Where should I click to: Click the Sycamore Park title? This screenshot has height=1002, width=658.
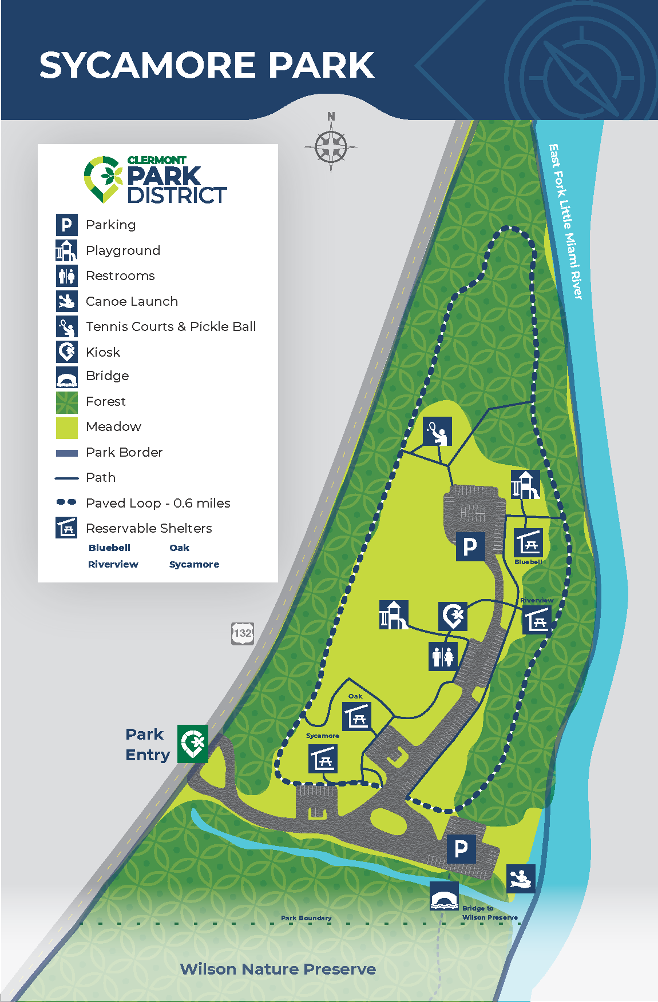coord(207,65)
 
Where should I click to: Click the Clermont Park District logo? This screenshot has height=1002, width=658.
coord(156,180)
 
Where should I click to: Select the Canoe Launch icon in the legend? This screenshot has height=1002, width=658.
coord(66,301)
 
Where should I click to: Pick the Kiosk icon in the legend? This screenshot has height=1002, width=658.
coord(66,352)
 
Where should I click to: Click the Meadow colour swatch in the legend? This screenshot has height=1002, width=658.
coord(66,427)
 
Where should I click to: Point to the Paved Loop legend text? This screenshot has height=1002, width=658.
coord(158,503)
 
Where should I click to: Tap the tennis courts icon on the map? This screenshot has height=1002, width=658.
coord(438,431)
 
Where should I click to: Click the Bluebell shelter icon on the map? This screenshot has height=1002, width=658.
coord(528,542)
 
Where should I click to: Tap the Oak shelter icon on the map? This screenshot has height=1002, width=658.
coord(357,716)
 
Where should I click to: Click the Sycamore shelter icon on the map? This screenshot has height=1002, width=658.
coord(323,758)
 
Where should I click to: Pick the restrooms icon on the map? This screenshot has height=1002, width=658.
coord(443,656)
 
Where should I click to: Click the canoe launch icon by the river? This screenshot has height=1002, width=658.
coord(521,878)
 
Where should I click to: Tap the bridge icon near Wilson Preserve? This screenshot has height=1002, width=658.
coord(444,895)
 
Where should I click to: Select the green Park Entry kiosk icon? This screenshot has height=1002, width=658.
coord(192,744)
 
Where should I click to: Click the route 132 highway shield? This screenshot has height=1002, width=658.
coord(243,633)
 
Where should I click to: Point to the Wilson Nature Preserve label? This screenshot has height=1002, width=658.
coord(278,969)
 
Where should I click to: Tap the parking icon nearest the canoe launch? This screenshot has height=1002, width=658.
coord(461,849)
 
